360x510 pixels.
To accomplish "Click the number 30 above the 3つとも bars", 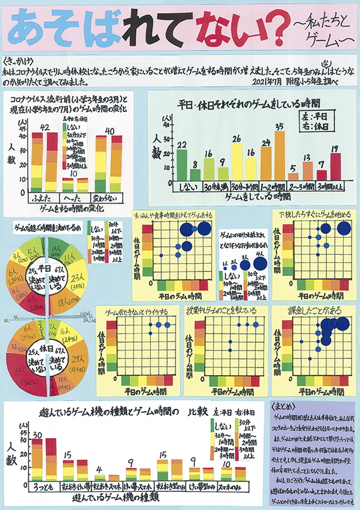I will [x=38, y=434].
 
